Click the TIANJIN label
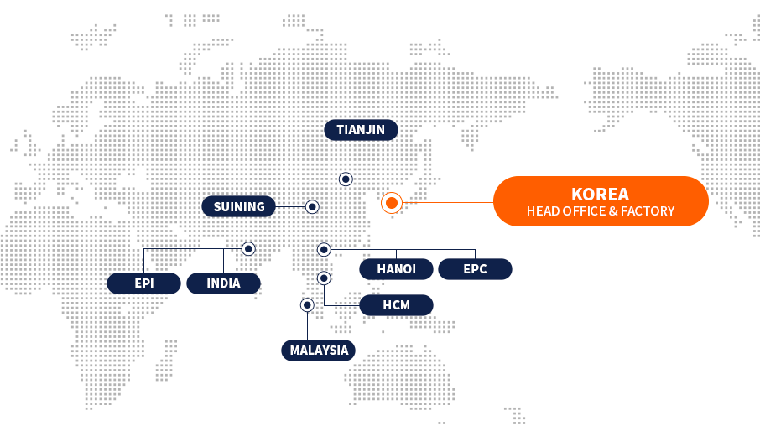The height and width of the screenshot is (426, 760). point(361,129)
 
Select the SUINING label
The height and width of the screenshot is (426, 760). point(239,206)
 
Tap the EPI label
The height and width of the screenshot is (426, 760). point(143,283)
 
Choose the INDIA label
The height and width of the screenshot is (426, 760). point(223,283)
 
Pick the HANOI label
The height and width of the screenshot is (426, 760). point(397,269)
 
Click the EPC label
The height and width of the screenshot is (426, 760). point(475,269)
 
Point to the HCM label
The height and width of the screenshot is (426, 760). point(396,305)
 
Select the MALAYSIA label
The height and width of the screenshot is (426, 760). point(319,351)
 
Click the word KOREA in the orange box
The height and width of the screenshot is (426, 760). point(600,194)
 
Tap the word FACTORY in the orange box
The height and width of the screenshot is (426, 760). point(647,211)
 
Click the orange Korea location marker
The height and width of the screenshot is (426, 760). point(391,202)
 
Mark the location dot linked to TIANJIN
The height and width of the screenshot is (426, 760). point(346,179)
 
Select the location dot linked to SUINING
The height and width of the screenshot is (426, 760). point(312,206)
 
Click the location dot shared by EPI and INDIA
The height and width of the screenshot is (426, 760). point(248,249)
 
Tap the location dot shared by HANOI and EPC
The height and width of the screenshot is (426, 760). point(324,249)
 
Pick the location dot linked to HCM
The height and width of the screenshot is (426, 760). point(324,278)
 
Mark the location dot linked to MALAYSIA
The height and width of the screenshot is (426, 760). point(307,305)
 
